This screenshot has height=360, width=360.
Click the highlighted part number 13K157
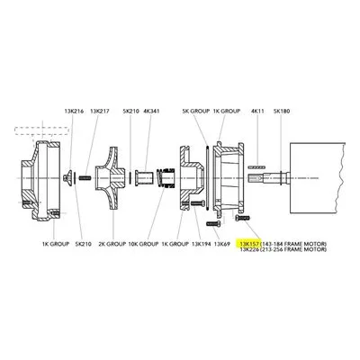(249, 243)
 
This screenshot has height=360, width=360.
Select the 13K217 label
(100, 112)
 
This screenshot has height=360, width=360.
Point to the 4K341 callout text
(152, 112)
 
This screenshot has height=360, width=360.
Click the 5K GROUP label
(196, 112)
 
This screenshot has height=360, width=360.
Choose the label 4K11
(257, 112)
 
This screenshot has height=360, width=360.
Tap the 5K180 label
(282, 112)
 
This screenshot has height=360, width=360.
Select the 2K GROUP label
(112, 244)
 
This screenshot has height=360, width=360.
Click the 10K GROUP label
(143, 244)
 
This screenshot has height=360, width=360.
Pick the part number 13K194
(202, 244)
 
